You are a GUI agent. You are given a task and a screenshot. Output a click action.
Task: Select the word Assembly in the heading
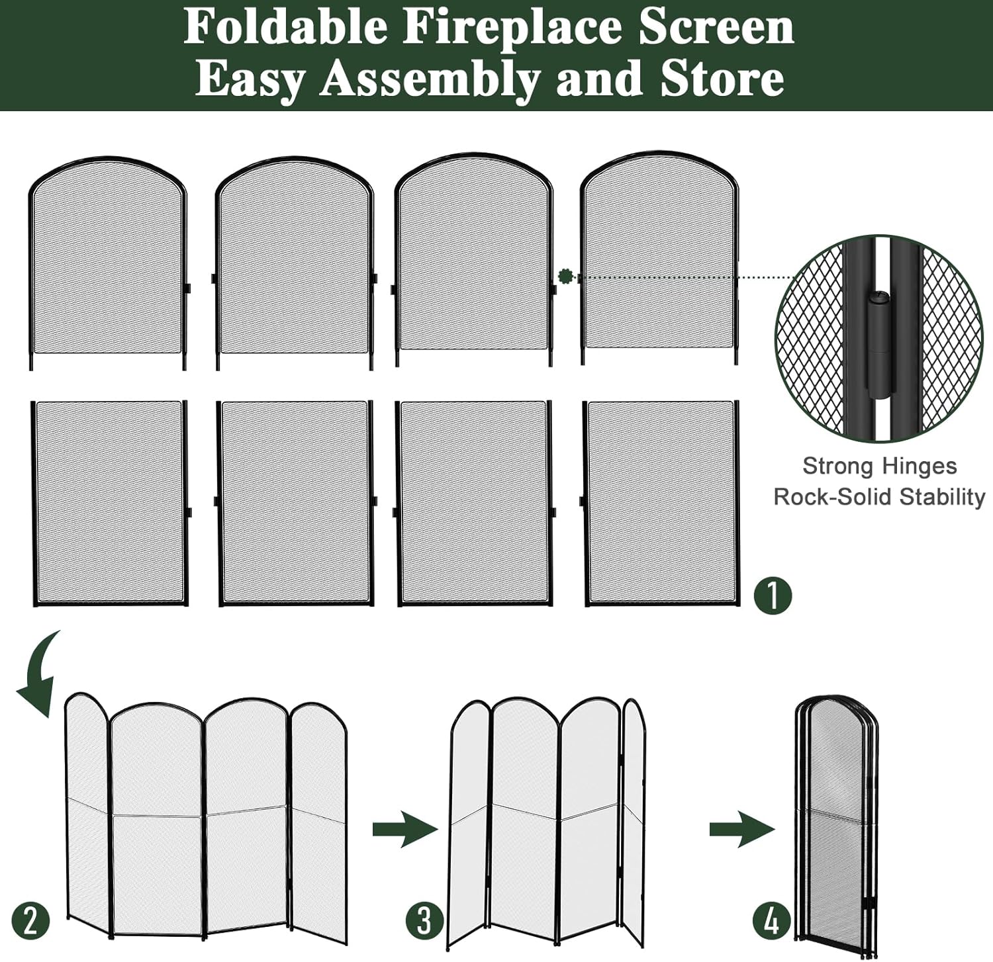coord(430,79)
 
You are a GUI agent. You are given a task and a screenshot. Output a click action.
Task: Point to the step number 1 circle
coord(773,595)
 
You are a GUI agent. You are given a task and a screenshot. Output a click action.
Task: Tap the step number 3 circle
coord(424,920)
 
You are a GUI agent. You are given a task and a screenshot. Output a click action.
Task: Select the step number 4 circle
coord(772,920)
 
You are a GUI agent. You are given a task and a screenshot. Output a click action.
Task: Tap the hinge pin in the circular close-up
coord(879,344)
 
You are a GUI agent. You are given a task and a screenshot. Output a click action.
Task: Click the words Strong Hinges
coord(879,466)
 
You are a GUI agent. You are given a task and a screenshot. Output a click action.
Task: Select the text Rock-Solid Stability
coord(879,497)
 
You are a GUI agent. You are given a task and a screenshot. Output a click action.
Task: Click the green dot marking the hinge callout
coord(565,276)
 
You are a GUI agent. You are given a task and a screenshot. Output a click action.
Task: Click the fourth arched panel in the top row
coord(660,258)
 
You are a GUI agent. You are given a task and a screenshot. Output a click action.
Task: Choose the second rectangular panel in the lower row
coord(295,503)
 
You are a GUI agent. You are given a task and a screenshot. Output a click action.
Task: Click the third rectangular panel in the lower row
coord(474,503)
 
